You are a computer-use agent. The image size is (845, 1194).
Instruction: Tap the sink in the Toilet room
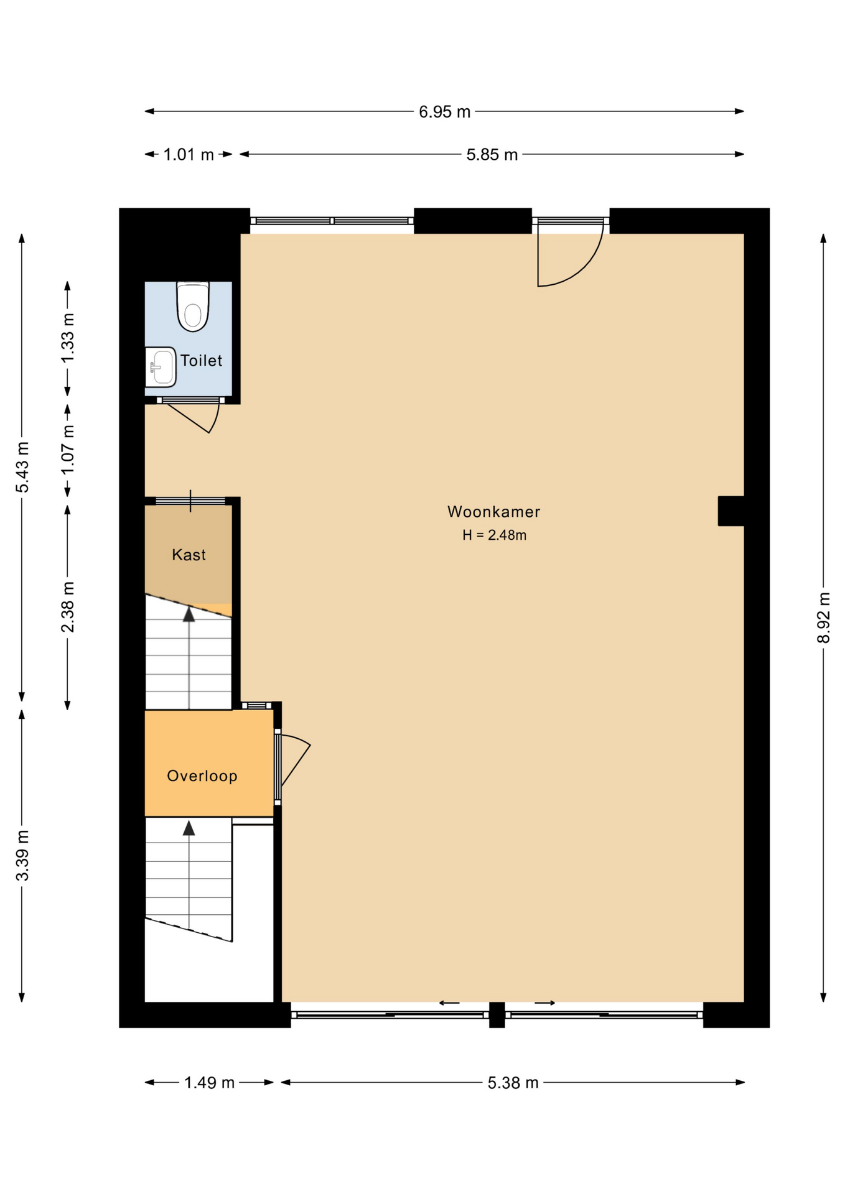[161, 367]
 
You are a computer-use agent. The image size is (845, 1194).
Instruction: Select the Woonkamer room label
[493, 512]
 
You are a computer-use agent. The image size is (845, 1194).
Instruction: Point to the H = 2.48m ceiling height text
[494, 535]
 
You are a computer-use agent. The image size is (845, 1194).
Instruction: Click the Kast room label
[189, 555]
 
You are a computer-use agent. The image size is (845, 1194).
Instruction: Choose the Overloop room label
[202, 775]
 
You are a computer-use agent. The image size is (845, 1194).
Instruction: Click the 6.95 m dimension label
[444, 112]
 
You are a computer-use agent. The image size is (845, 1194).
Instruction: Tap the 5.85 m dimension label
[492, 155]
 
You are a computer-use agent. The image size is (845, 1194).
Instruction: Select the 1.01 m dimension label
[189, 155]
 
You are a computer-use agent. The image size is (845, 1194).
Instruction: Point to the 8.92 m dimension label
[823, 618]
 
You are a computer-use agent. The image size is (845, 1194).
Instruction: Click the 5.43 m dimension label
[22, 467]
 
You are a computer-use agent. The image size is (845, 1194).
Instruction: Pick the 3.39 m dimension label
[22, 855]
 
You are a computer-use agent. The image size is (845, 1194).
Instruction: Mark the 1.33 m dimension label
[67, 338]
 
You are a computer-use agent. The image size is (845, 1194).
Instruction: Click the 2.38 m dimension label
[67, 607]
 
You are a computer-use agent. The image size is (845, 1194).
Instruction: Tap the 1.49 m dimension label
[209, 1083]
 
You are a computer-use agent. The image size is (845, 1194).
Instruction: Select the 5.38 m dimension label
[513, 1083]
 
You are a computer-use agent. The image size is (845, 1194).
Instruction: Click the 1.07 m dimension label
[67, 450]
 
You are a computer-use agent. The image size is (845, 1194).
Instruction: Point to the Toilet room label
[201, 361]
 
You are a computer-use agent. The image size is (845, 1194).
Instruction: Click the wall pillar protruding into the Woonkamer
[731, 511]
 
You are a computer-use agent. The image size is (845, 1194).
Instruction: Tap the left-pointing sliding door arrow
[449, 1003]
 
